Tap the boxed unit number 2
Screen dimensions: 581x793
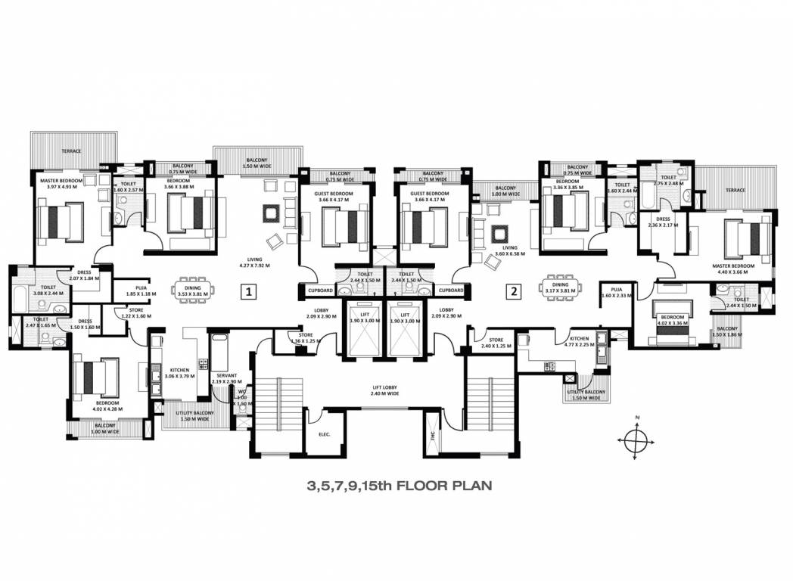tap(514, 290)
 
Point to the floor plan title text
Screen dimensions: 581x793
tap(400, 485)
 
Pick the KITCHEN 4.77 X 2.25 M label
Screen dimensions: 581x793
tap(580, 342)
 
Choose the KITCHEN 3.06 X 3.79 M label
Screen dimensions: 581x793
tap(179, 372)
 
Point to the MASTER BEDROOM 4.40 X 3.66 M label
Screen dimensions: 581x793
tap(733, 269)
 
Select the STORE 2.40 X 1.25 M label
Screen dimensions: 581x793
tap(496, 343)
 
